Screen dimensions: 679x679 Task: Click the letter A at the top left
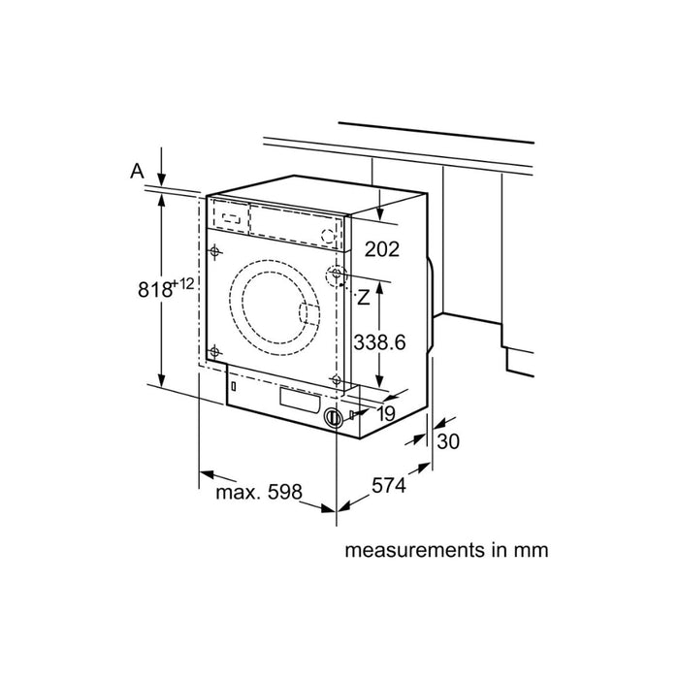[x=137, y=171]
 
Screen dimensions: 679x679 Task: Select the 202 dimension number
[x=381, y=249]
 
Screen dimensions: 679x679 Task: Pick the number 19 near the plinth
[x=385, y=414]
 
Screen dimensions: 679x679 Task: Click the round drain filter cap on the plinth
[x=334, y=418]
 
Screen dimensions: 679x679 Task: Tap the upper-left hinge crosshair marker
[x=215, y=252]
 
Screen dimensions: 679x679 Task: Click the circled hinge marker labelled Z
[x=336, y=275]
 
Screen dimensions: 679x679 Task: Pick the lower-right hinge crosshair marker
[x=336, y=377]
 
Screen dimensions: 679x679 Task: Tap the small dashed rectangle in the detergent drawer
[x=229, y=218]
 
